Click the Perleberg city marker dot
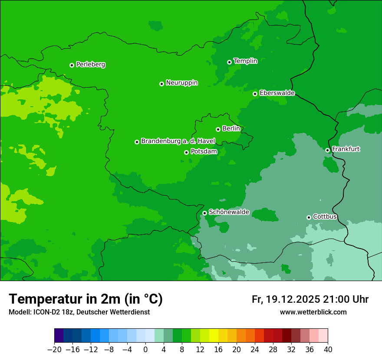coord(72,65)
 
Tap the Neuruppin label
coord(181,83)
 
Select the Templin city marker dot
coord(229,62)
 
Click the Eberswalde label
coord(277,93)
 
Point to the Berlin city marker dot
coord(218,129)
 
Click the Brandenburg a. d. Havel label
coord(178,141)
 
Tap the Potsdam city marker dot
coord(186,152)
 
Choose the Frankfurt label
coord(346,149)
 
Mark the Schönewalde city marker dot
coord(204,213)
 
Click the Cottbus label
coord(325,216)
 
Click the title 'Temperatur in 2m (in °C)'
coord(86,299)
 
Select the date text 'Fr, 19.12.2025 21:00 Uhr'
coord(310,300)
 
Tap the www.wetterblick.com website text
coord(313,312)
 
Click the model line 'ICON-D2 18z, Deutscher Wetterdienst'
coord(79,312)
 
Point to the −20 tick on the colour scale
coord(54,350)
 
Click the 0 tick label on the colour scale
coord(145,350)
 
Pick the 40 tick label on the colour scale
coord(328,350)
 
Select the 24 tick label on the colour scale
coord(255,350)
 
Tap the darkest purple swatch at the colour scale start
coord(59,336)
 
